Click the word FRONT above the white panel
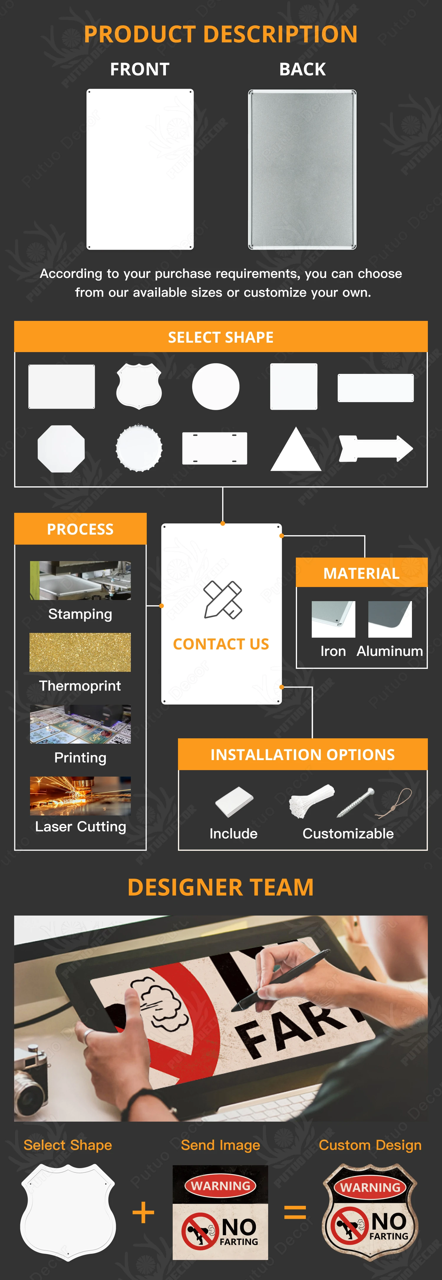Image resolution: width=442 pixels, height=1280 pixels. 140,69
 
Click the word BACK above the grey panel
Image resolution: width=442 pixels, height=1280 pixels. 302,69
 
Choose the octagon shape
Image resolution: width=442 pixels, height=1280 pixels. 61,448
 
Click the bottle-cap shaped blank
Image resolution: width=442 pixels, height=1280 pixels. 139,448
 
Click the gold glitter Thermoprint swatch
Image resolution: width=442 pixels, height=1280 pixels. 80,652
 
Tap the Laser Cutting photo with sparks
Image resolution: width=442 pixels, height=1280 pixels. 80,795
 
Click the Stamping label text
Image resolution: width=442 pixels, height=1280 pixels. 80,614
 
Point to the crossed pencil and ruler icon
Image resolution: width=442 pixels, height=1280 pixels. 222,599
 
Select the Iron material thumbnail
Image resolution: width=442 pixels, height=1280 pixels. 333,619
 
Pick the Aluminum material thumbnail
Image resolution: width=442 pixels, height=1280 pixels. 390,619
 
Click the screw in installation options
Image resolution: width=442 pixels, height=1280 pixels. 355,802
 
